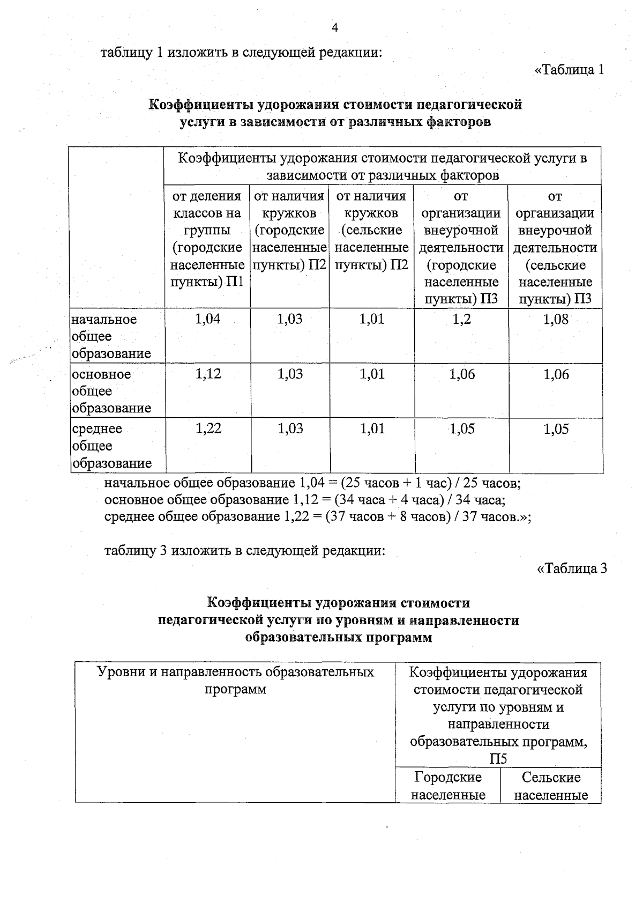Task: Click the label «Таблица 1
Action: (x=570, y=70)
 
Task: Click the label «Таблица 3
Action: (x=572, y=568)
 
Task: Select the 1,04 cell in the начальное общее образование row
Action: (x=208, y=320)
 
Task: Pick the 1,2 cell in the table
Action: (x=461, y=320)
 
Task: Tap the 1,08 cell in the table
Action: (x=556, y=320)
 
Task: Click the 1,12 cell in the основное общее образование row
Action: (x=208, y=374)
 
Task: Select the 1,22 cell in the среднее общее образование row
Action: (x=208, y=429)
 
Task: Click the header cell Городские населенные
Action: (x=448, y=786)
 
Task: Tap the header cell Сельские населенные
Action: (x=551, y=786)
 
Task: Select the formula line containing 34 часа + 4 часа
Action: (x=304, y=500)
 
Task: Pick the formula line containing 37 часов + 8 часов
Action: (x=317, y=517)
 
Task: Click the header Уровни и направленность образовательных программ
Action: (x=235, y=681)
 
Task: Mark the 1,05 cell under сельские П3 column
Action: (x=556, y=429)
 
